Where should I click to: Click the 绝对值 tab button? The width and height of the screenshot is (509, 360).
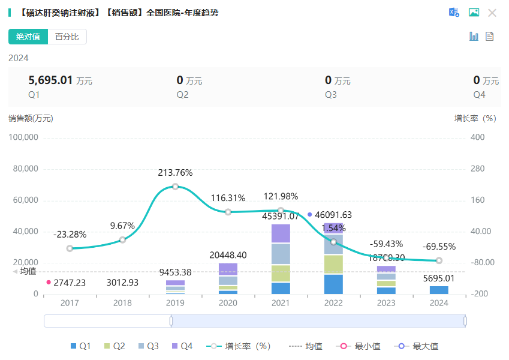click(x=28, y=37)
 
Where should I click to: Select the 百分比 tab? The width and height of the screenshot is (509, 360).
click(x=67, y=37)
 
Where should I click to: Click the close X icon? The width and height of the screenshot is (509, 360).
click(x=492, y=13)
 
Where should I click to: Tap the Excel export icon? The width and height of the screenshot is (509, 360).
click(x=454, y=13)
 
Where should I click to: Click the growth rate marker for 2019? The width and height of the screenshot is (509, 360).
click(x=175, y=187)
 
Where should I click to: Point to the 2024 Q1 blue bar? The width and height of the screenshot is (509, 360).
click(x=439, y=290)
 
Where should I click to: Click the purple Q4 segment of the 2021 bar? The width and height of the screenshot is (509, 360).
click(x=281, y=233)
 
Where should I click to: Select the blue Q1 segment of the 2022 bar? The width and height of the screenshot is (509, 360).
click(x=333, y=284)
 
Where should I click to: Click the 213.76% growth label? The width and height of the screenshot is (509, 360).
click(x=175, y=173)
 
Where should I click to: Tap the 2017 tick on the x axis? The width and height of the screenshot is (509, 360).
click(x=70, y=304)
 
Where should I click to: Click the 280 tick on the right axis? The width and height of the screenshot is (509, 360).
click(x=477, y=169)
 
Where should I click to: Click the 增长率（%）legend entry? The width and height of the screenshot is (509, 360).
click(x=239, y=346)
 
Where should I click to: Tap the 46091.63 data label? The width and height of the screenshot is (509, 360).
click(x=333, y=214)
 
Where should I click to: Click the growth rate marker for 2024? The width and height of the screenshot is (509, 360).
click(x=439, y=260)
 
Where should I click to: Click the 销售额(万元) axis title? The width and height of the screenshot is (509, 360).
click(x=31, y=118)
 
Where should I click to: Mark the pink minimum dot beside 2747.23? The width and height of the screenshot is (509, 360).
click(x=49, y=282)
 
